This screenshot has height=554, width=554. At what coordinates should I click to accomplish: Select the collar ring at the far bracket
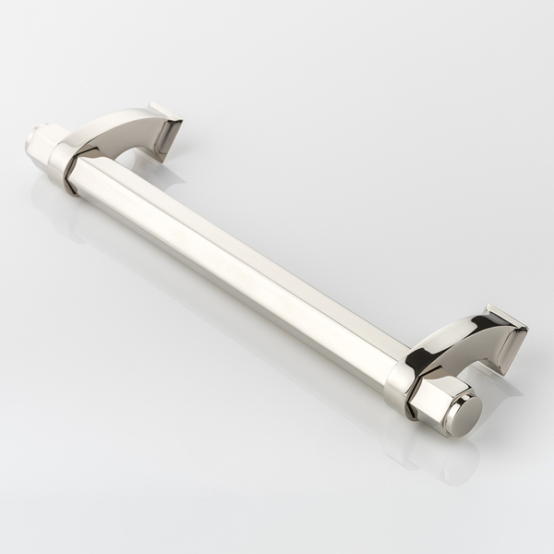[64, 167]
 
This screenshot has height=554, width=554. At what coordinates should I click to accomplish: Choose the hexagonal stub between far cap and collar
[45, 148]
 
